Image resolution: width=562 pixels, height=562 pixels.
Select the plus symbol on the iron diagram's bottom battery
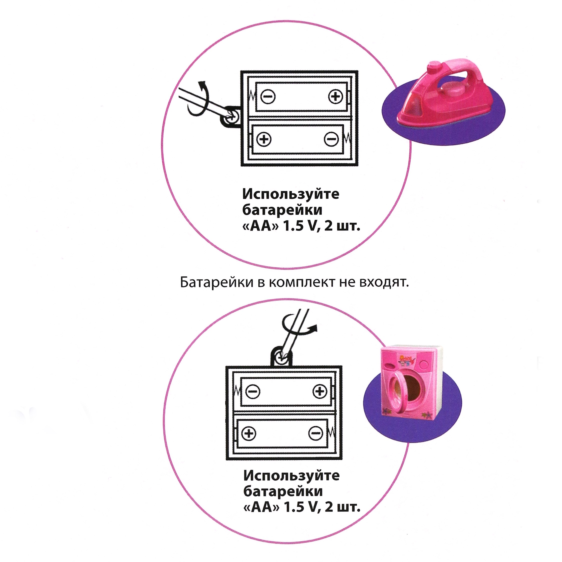264,139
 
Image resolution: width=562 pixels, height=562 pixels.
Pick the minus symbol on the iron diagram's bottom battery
331,139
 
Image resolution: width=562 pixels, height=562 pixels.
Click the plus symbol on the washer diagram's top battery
320,392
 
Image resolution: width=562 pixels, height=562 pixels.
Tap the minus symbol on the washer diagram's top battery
253,392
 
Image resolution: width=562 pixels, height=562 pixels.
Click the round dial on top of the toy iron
434,65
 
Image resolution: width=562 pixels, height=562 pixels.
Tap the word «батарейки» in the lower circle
283,492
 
